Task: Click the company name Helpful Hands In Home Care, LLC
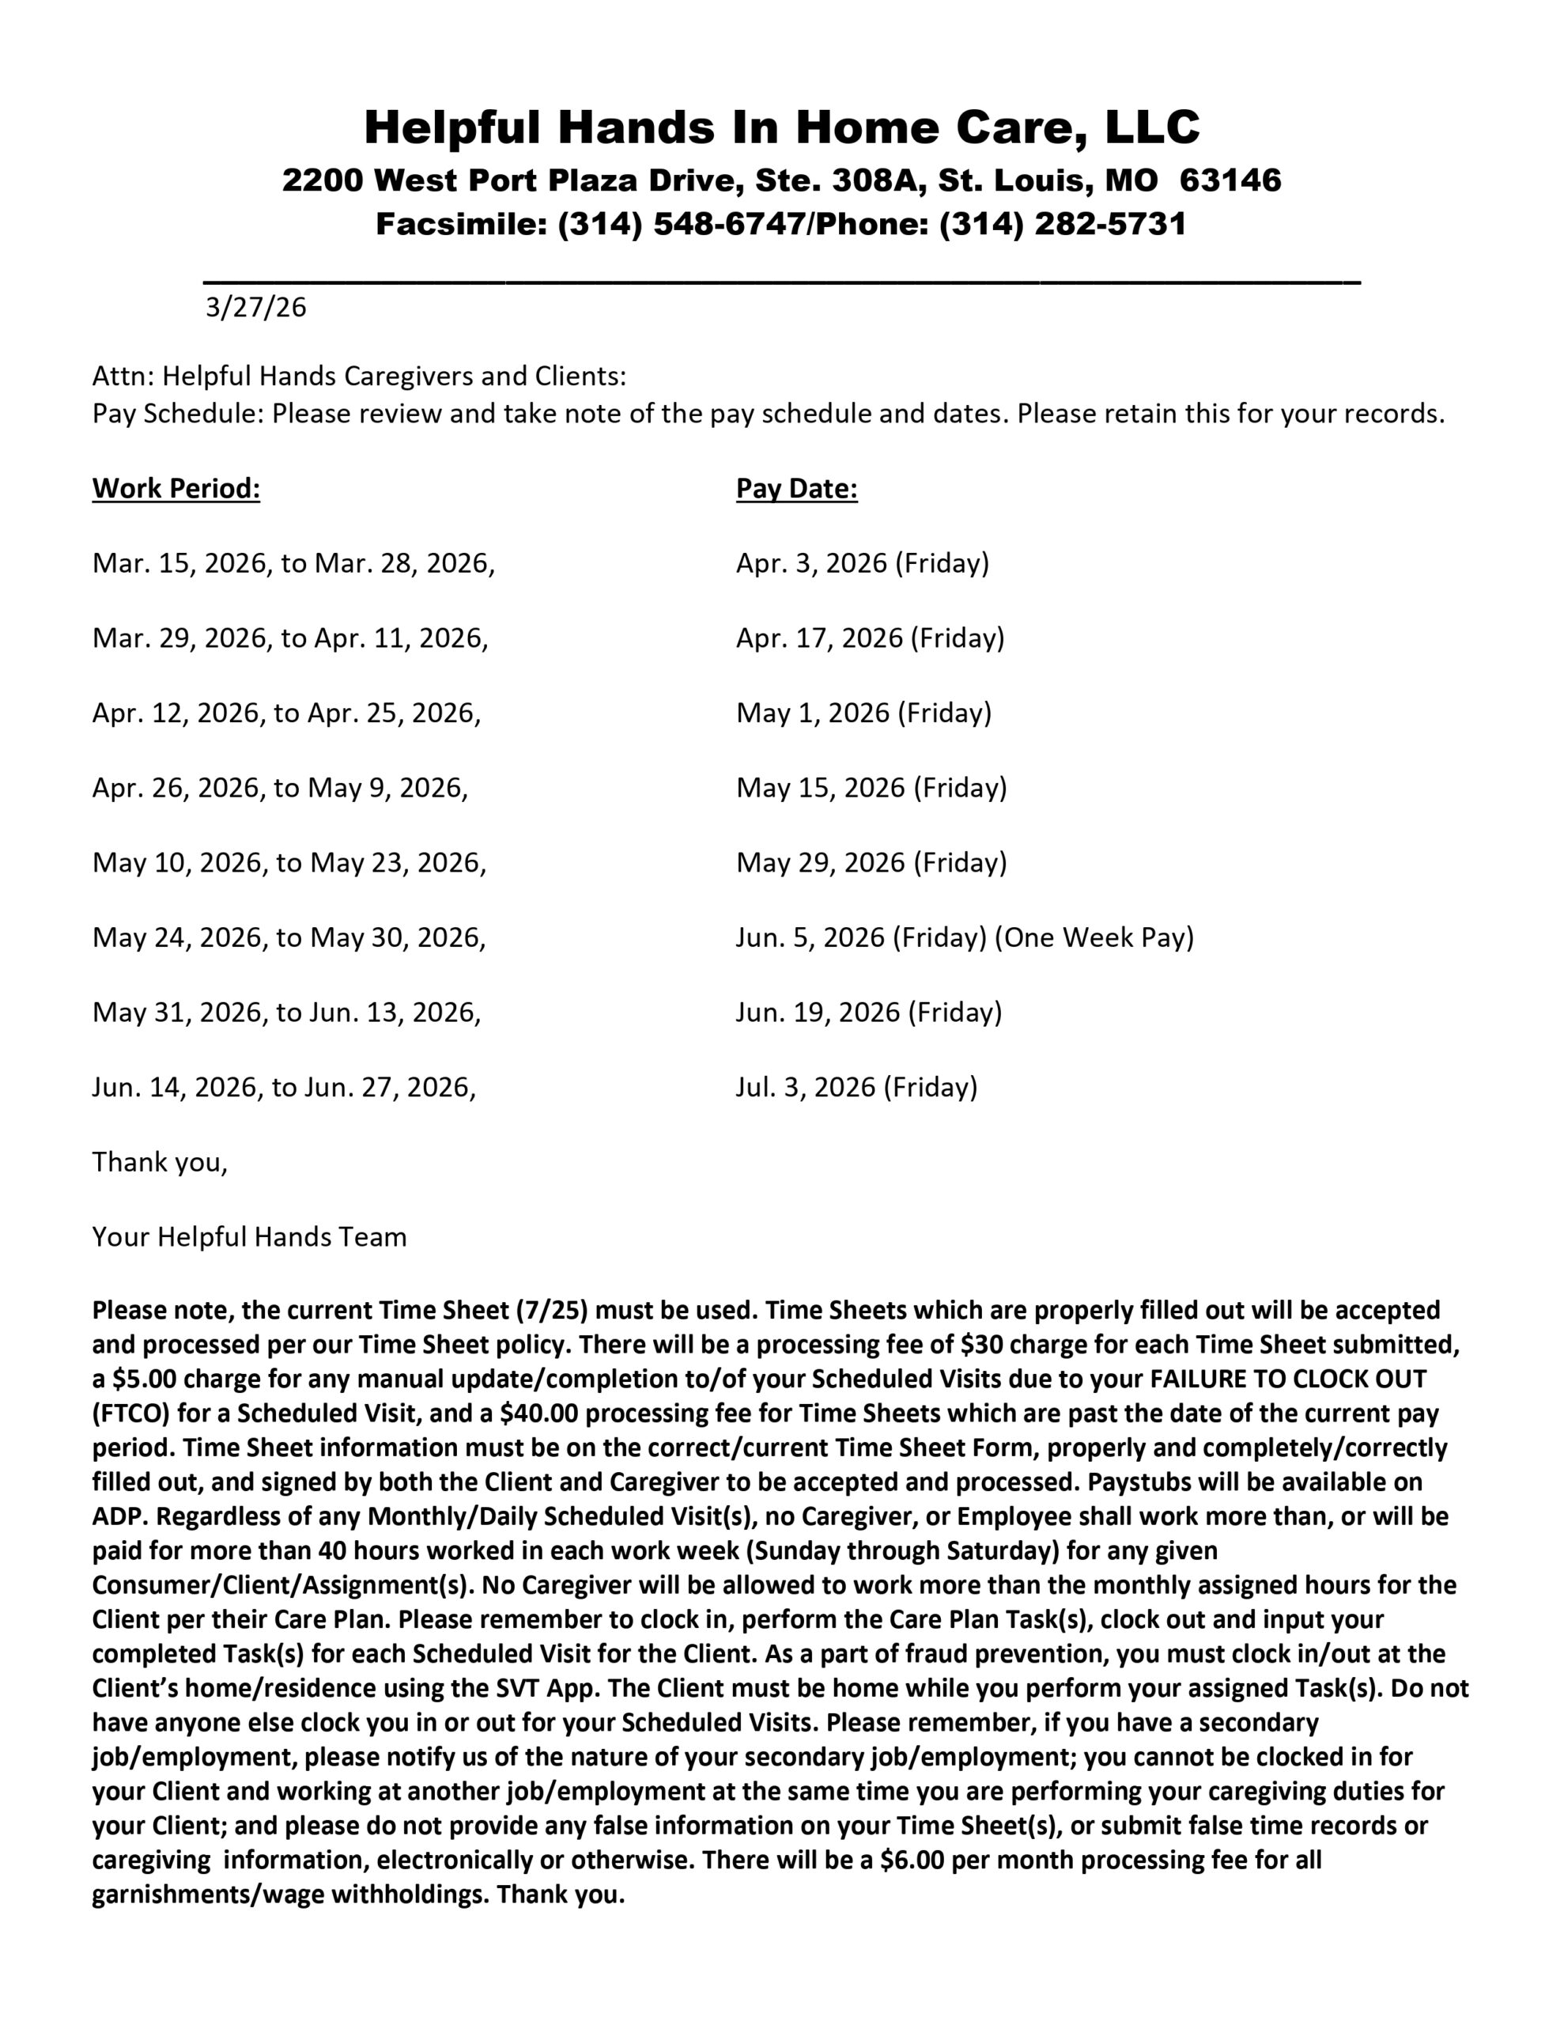click(x=781, y=127)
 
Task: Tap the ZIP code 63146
click(x=1230, y=180)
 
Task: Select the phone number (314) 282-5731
click(x=1063, y=225)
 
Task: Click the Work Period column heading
click(x=176, y=489)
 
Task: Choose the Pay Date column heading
click(x=796, y=489)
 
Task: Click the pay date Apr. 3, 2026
click(x=811, y=563)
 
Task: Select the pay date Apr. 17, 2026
click(x=818, y=638)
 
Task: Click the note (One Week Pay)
click(x=1094, y=937)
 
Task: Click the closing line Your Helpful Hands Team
click(x=249, y=1237)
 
